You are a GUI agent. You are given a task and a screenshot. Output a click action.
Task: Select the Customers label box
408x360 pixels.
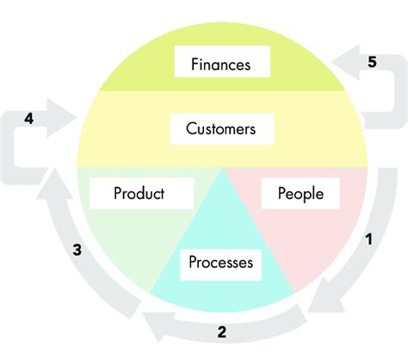[221, 130]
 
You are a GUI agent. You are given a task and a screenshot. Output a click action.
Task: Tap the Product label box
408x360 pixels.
[139, 194]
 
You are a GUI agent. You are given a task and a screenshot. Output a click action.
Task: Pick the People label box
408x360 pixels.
[300, 194]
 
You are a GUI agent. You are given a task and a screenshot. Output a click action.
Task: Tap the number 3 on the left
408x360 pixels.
[77, 251]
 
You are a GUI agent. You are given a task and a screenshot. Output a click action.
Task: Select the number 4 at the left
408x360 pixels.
[29, 119]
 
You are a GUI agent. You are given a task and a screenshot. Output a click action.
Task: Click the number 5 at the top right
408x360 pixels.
[371, 62]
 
